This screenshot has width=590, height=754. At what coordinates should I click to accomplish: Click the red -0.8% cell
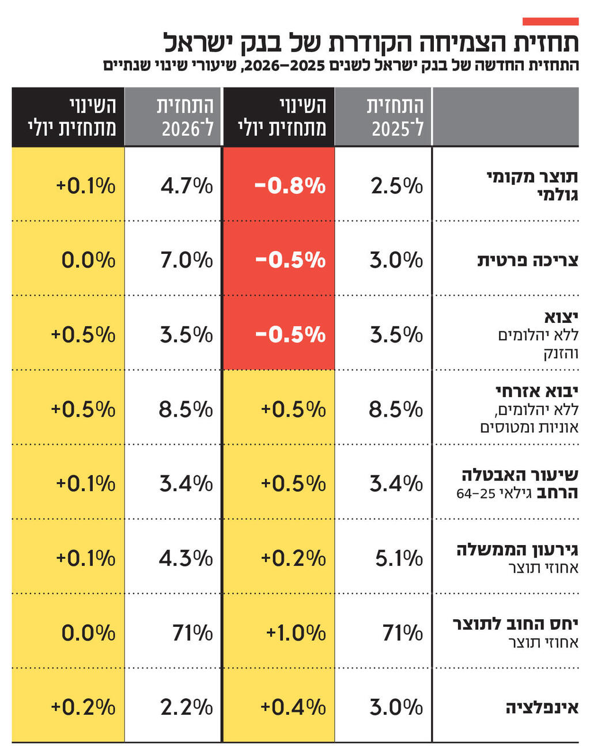290,186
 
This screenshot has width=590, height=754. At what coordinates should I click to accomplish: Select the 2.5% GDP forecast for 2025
396,186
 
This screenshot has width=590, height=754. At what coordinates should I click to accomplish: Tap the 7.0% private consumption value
186,260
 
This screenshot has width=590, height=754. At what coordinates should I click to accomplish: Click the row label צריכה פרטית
527,260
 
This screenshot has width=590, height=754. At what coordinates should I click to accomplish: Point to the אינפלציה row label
542,707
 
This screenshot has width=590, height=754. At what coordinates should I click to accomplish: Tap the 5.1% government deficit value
399,558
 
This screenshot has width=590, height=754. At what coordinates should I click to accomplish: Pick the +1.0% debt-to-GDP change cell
296,633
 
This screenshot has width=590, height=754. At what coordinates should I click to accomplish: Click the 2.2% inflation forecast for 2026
186,707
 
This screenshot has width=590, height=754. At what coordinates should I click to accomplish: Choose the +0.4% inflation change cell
293,707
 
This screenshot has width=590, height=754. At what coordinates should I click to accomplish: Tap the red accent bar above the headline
550,21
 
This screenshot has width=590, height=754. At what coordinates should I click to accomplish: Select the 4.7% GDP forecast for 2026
186,186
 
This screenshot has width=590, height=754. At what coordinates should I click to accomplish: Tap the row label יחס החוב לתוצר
515,624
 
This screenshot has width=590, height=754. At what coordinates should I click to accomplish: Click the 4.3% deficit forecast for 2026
186,558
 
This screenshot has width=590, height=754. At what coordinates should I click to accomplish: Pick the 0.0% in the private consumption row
88,260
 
